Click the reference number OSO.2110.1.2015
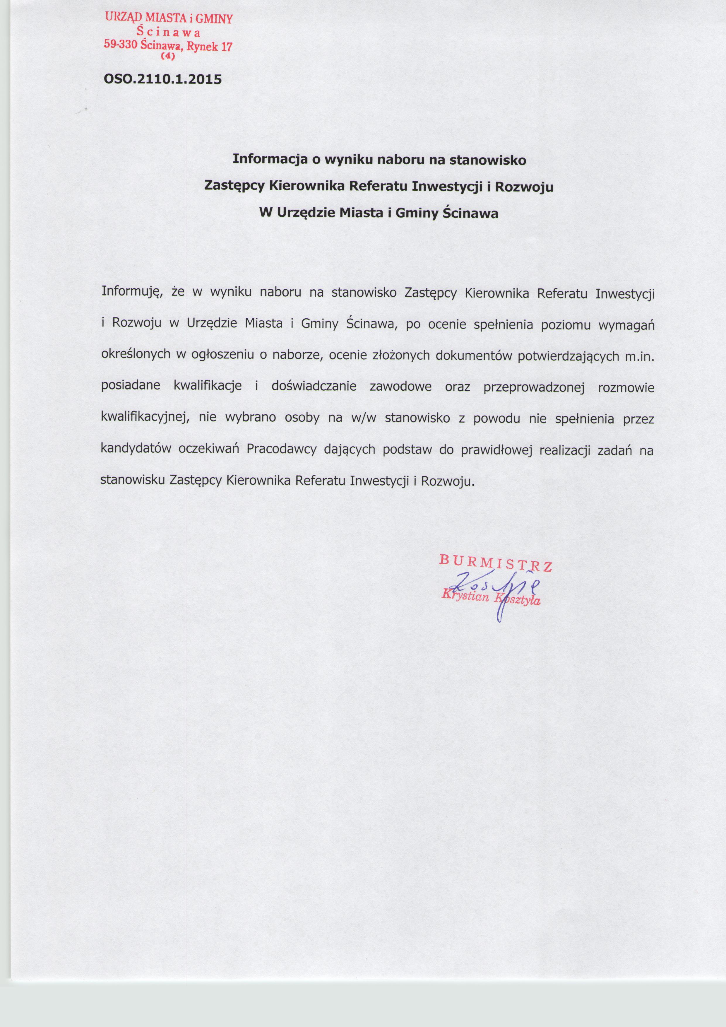click(x=163, y=80)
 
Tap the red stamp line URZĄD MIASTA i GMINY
click(x=169, y=19)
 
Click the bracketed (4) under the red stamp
click(x=168, y=57)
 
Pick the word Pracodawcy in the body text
click(x=281, y=449)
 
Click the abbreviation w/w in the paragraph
click(x=363, y=418)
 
